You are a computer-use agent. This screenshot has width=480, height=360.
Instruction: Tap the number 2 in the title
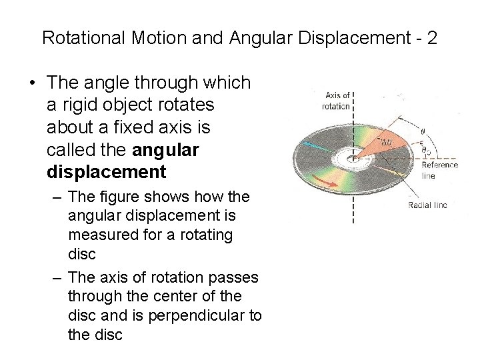432,37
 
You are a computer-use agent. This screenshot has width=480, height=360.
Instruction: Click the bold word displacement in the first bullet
107,172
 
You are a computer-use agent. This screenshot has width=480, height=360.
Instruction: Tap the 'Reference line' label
439,170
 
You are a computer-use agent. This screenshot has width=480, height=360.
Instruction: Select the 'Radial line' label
427,205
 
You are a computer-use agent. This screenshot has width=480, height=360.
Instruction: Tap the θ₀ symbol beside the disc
425,151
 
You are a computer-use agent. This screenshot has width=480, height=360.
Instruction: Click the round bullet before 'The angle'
31,83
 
